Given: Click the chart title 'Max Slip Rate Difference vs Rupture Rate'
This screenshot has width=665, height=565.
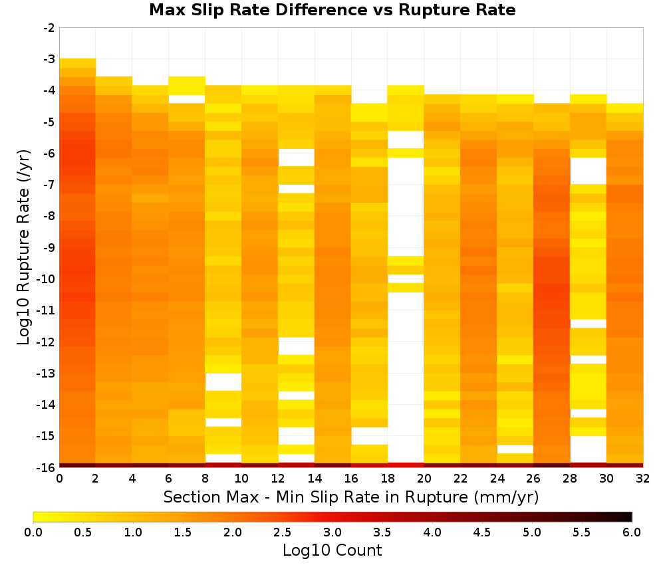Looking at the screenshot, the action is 332,9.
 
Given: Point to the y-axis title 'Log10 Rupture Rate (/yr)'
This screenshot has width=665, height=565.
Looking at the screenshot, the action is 23,247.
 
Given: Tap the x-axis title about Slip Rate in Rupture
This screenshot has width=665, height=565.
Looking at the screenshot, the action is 351,497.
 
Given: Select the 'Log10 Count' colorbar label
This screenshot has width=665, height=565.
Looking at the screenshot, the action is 332,550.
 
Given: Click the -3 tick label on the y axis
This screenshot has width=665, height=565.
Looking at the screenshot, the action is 49,59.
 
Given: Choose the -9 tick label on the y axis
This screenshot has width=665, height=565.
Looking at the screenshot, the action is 49,247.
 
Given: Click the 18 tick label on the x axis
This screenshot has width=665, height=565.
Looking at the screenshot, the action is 388,479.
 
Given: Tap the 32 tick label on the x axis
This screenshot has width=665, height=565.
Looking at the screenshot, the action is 643,479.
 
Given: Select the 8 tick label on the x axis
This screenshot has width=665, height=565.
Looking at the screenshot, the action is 205,479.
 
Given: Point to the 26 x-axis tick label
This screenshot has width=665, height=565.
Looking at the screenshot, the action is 533,479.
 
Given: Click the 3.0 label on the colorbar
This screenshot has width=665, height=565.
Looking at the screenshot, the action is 332,532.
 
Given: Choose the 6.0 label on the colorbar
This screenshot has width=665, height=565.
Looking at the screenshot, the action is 632,532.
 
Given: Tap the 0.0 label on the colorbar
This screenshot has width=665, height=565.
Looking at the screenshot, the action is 33,532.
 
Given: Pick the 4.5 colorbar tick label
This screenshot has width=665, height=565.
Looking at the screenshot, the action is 481,532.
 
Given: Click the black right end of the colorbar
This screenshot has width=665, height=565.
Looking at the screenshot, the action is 630,516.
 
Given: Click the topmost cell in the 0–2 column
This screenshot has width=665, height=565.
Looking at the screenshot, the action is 78,63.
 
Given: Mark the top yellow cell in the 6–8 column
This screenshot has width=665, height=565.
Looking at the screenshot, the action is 187,86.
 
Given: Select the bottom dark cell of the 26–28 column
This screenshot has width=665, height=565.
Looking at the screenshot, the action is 552,465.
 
